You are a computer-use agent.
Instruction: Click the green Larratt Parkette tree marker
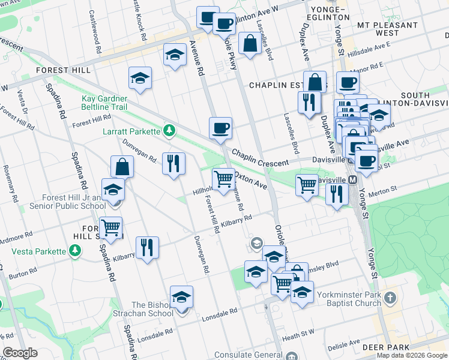[170, 131]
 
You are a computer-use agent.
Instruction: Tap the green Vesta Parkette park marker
[74, 251]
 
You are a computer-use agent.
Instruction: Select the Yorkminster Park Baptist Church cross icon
[390, 298]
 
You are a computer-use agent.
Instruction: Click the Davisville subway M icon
[353, 180]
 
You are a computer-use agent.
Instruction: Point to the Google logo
[20, 353]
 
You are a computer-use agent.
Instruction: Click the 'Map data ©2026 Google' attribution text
[412, 355]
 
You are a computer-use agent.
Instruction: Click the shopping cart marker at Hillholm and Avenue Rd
[223, 178]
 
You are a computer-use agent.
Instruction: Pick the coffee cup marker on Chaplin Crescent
[220, 128]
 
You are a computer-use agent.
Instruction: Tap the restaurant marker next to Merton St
[336, 194]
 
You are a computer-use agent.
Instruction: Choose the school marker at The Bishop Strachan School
[181, 297]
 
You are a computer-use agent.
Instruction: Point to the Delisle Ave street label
[343, 344]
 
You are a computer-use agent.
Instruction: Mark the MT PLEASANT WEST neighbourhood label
[387, 29]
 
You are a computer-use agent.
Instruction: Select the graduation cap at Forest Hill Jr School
[112, 190]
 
